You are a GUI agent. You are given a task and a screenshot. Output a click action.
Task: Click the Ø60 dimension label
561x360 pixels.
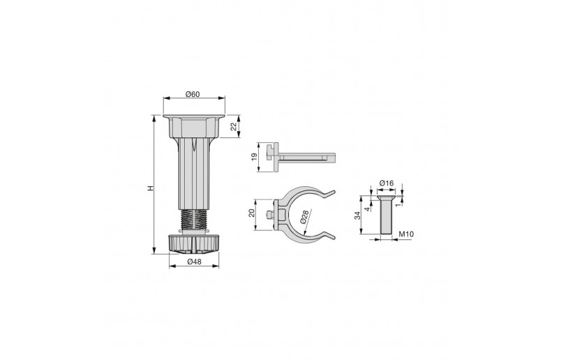point(194,94)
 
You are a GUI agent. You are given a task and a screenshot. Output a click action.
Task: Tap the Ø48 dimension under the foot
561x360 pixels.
point(194,262)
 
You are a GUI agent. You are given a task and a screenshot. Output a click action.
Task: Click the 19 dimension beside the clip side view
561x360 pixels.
point(255,158)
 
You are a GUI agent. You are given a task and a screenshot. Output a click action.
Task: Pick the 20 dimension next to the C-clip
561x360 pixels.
point(253,213)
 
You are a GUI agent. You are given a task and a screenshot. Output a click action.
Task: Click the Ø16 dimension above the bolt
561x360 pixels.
point(386,183)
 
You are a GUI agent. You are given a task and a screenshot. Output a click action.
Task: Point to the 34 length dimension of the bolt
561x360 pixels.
point(358,216)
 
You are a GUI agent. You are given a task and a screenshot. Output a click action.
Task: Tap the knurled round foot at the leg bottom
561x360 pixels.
point(194,243)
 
